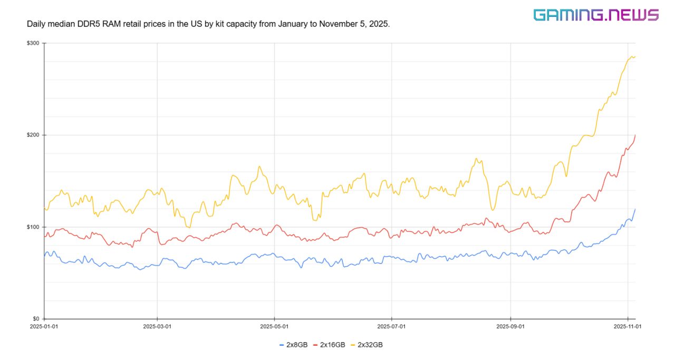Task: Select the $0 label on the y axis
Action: click(x=35, y=319)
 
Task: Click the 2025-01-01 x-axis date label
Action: click(x=44, y=326)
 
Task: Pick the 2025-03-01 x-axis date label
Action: click(x=157, y=326)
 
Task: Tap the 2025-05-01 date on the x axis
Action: click(x=274, y=326)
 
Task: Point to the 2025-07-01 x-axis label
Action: click(x=392, y=326)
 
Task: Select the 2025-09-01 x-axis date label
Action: click(x=510, y=326)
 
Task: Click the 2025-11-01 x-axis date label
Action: click(x=628, y=326)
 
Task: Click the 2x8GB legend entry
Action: click(x=293, y=345)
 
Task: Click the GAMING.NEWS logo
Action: click(x=596, y=15)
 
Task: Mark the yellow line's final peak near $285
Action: click(x=632, y=56)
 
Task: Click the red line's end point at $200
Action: click(x=635, y=135)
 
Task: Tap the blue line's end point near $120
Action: click(x=635, y=209)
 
